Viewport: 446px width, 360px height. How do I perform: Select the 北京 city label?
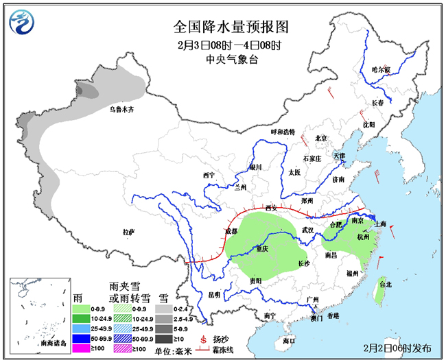click(321, 138)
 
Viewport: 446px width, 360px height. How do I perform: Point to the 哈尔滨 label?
click(381, 70)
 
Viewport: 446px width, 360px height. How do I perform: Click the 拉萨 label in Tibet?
click(129, 232)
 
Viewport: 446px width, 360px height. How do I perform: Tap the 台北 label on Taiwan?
click(385, 283)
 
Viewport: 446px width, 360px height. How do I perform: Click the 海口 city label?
click(288, 339)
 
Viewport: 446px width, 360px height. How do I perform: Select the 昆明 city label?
click(214, 295)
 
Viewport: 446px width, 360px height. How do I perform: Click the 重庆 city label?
click(261, 248)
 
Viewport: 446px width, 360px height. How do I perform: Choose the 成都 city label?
click(231, 232)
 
